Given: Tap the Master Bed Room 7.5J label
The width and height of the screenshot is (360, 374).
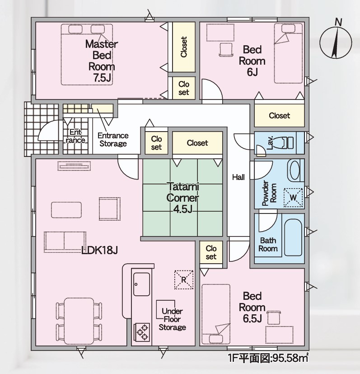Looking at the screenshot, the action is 102,61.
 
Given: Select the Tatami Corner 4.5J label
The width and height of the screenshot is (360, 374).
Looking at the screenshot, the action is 182,198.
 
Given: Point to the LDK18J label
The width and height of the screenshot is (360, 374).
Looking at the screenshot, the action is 99,250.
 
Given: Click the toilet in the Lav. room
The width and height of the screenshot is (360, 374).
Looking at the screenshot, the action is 285,142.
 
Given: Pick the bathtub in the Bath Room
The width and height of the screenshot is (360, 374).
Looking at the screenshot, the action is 293,237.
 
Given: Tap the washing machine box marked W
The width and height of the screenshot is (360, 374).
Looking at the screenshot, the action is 293,198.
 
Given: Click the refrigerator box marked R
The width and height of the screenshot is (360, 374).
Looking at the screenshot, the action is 184,279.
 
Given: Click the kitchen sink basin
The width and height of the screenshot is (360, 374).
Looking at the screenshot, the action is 141,284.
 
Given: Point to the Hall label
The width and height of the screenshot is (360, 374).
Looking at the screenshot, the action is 238,177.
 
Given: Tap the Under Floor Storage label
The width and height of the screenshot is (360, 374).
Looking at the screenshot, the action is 172,319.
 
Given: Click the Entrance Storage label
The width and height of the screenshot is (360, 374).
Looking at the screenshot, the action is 113,140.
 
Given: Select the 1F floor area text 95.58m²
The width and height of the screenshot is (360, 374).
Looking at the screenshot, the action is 268,358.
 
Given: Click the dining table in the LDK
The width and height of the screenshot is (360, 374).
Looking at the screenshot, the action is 79,320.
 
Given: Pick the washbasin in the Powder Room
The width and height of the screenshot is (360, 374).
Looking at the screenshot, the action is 295,170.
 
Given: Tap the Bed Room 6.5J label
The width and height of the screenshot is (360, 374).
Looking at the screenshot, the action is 252,307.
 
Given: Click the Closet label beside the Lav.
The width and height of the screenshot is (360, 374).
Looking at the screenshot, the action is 279,116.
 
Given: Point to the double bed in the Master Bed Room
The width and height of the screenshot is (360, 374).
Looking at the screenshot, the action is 86,54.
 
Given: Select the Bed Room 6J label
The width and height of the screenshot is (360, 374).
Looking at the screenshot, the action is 252,61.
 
